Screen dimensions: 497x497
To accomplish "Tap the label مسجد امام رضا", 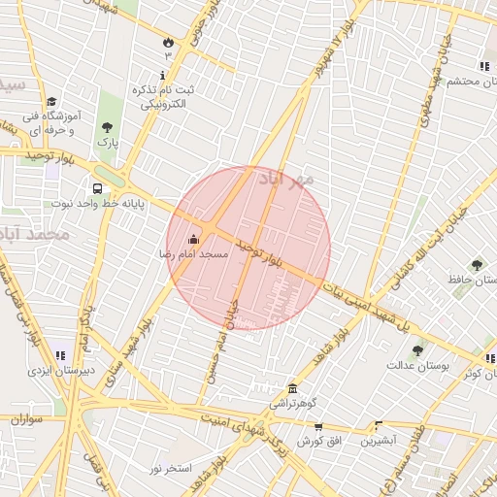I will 195,254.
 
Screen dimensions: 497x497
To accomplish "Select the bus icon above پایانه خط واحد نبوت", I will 97,189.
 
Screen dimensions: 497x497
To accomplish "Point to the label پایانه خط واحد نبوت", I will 96,205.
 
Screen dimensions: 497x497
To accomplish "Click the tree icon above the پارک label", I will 106,127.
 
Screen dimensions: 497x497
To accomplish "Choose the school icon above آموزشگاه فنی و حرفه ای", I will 50,101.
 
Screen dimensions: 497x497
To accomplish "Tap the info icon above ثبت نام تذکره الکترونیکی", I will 163,76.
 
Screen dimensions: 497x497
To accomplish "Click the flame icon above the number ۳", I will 168,42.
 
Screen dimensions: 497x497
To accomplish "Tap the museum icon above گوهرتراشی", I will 291,388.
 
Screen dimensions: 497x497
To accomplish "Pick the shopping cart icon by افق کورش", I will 318,427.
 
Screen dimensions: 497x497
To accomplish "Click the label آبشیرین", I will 379,441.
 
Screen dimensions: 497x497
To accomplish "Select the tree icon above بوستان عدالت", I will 417,350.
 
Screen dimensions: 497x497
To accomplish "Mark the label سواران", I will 28,419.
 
